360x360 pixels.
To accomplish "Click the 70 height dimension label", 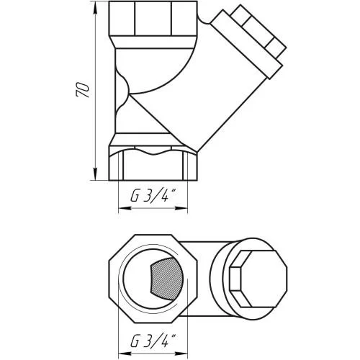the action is (83, 90).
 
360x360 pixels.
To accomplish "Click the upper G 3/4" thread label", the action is (153, 196).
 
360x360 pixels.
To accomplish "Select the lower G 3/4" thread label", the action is (153, 340).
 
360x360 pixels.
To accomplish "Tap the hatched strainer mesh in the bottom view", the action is (166, 279).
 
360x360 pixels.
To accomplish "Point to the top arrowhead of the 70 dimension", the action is (96, 8).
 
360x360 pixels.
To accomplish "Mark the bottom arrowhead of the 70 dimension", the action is (96, 174).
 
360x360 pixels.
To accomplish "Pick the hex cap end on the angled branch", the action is (259, 31).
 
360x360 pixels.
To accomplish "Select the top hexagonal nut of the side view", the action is (153, 19).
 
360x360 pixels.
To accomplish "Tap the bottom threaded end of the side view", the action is (153, 165).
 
